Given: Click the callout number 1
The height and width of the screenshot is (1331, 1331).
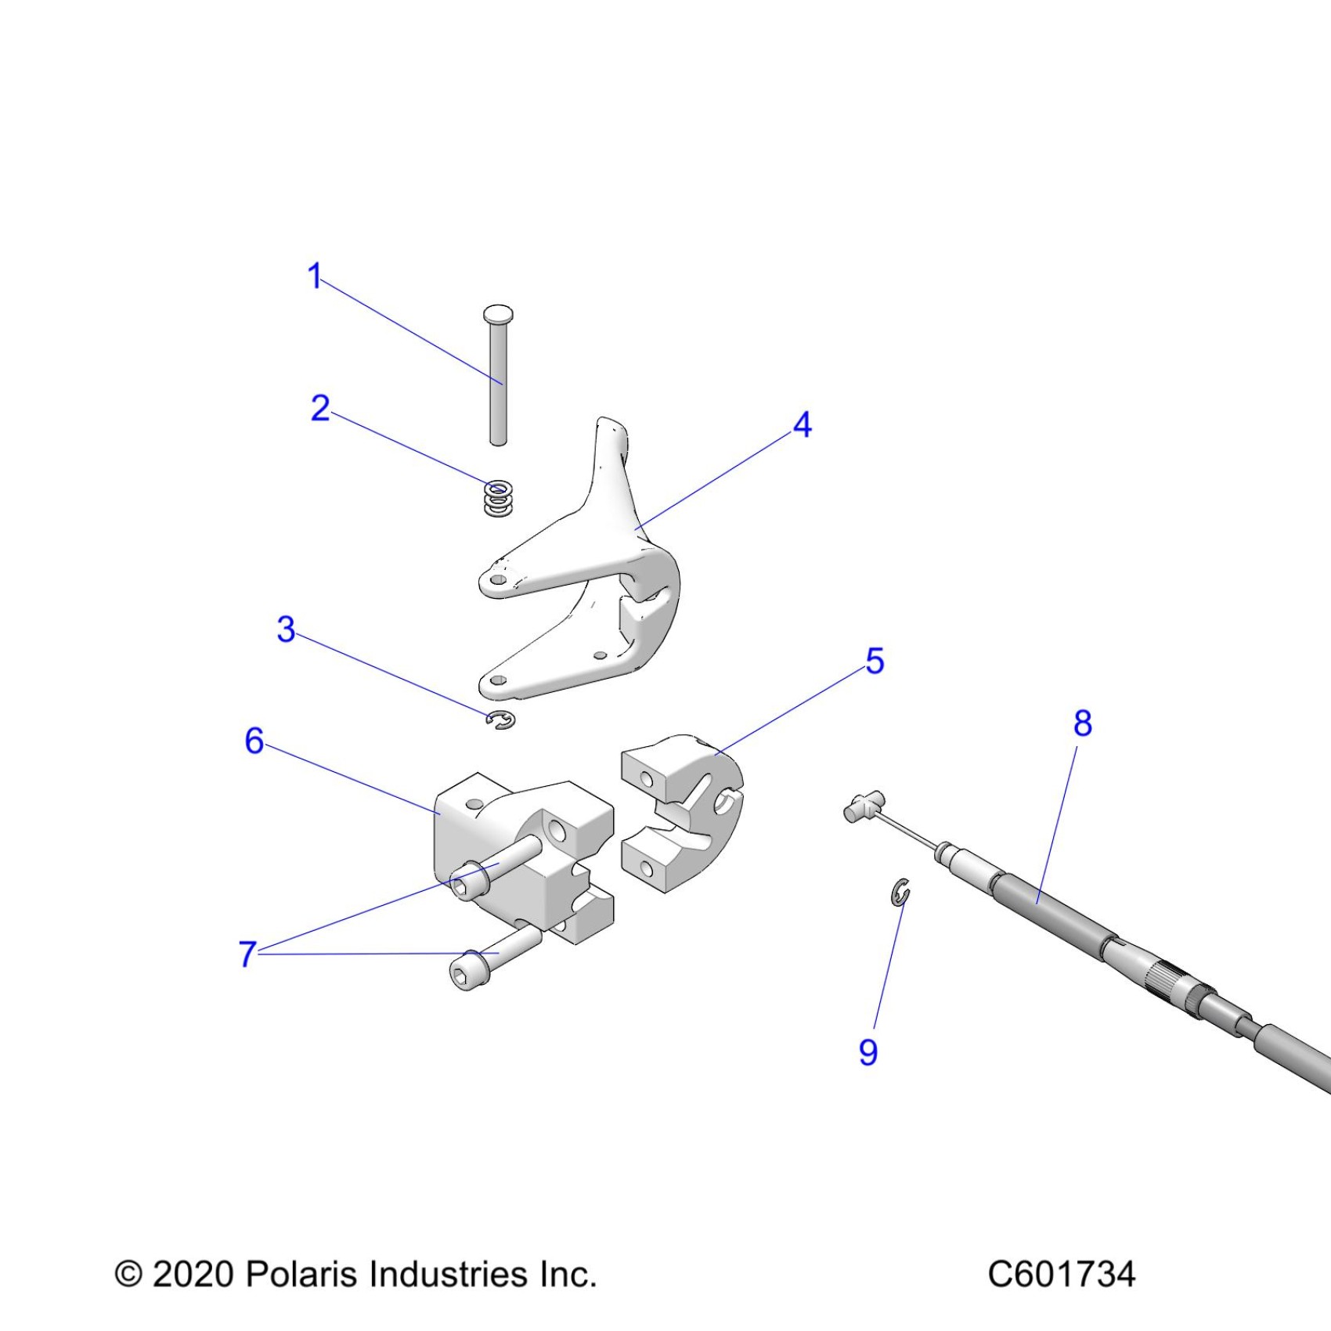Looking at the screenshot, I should coord(315,276).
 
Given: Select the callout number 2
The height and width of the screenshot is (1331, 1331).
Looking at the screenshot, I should coord(320,409).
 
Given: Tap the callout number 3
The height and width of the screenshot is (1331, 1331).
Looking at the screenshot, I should coord(287,629).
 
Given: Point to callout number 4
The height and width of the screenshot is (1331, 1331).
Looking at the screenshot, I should coord(803,425).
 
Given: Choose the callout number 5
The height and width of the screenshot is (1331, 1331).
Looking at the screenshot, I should coord(875,662).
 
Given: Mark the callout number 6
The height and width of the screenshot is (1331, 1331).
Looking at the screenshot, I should coord(254,741).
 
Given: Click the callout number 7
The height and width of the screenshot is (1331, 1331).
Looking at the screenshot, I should coord(247,954).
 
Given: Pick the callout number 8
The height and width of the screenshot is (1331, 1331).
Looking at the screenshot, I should coord(1083,724).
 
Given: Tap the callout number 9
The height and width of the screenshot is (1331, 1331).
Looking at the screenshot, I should coord(868,1052).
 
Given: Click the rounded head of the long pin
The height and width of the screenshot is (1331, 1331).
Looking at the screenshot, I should coord(498,315).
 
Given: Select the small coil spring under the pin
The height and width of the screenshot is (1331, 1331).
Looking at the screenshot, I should coord(498,499).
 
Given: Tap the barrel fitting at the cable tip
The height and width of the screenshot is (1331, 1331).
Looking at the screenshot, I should coord(863,806).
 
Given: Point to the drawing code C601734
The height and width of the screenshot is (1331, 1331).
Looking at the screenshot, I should coord(1061,1275).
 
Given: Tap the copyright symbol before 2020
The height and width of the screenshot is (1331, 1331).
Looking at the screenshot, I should coord(128,1275).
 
